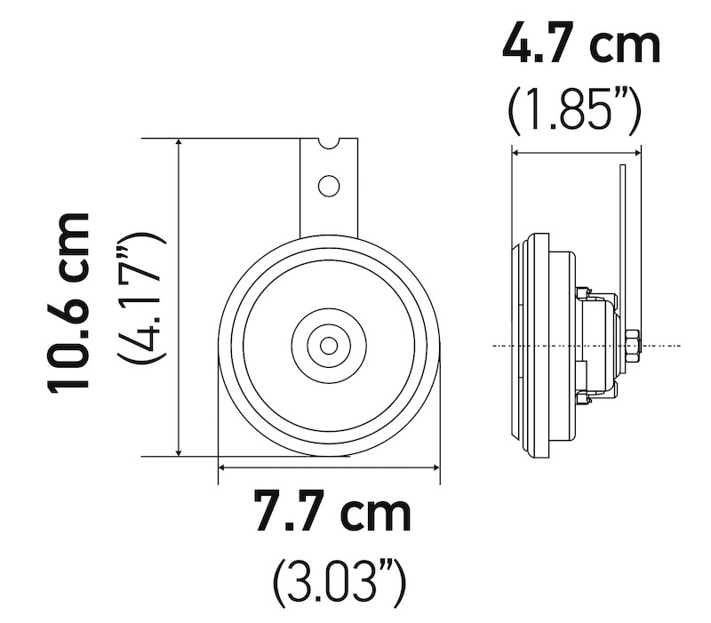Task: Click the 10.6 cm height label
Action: [69, 301]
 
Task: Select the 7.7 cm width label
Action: [332, 513]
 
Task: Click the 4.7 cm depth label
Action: [581, 44]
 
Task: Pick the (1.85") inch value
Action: [574, 109]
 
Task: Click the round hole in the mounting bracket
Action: [329, 186]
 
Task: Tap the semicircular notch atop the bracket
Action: [329, 143]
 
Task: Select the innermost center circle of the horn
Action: [329, 345]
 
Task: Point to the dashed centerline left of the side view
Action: [502, 345]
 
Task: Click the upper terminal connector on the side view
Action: [584, 292]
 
